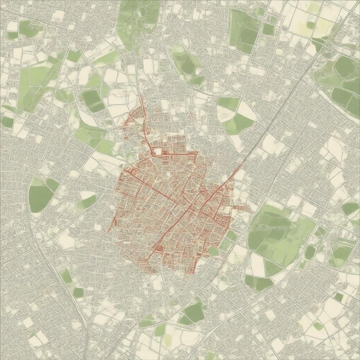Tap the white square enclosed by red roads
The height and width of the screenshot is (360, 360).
pos(158,152)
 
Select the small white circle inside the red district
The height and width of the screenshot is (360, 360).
pos(168,174)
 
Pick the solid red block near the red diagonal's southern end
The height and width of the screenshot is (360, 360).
pos(158,248)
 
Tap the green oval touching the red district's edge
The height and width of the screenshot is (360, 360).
pos(213,251)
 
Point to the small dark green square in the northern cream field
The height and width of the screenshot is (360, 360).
pos(310,25)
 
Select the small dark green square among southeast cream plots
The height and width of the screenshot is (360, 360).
pos(338,297)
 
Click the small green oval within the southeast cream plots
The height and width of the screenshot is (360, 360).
pos(318,326)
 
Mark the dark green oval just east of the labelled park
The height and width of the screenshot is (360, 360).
pos(310,252)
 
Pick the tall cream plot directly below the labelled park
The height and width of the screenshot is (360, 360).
pos(258,264)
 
